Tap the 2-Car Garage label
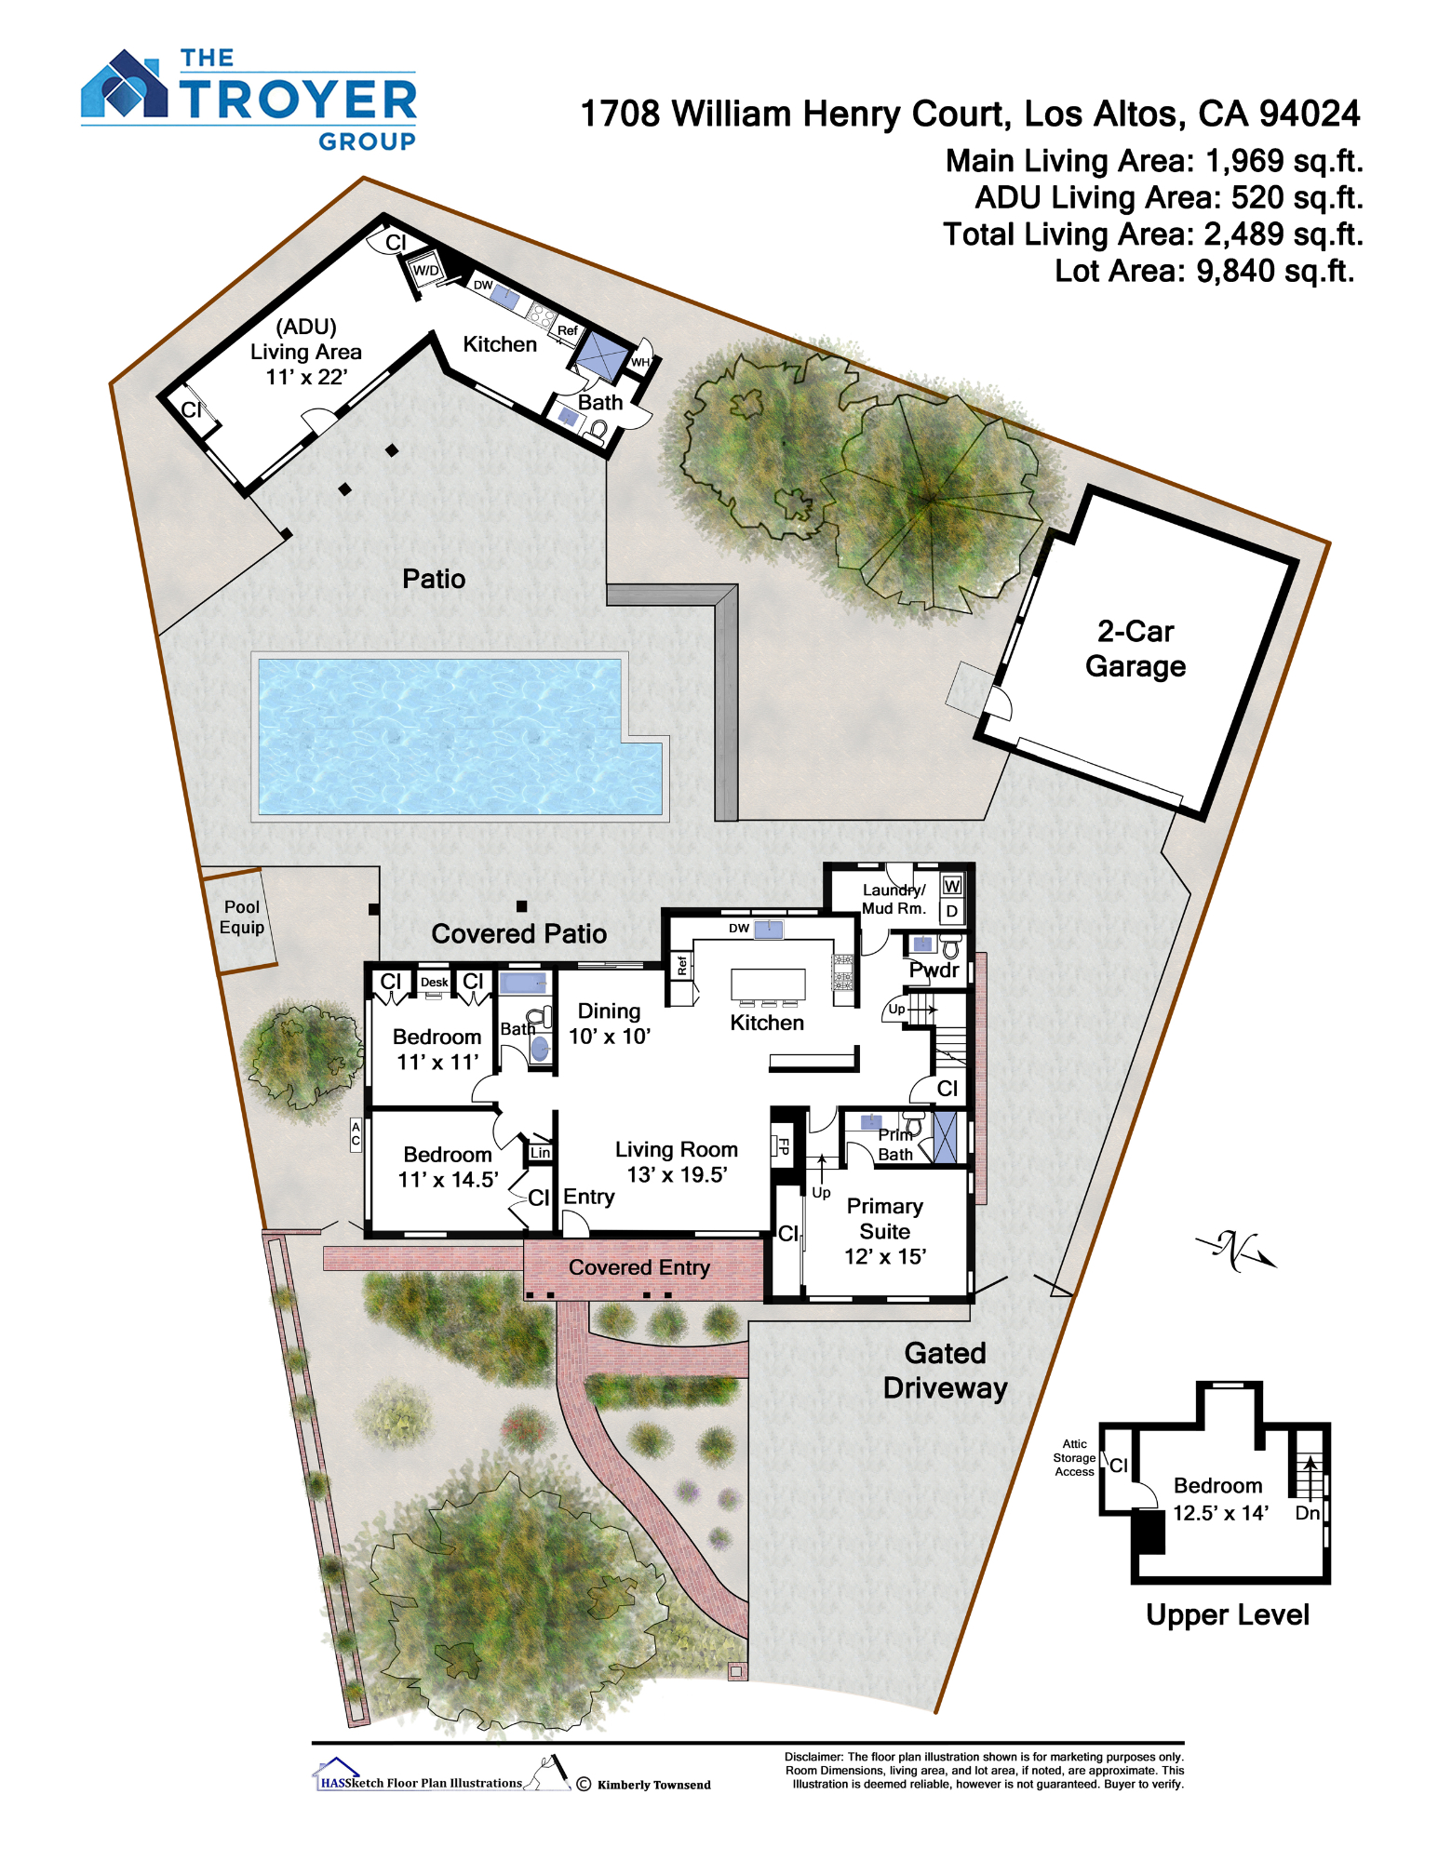tap(1135, 649)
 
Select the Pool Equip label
tap(242, 917)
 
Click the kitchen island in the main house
tap(768, 984)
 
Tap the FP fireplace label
tap(783, 1146)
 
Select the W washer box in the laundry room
tap(951, 886)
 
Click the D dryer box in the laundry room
tap(951, 911)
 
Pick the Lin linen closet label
tap(540, 1152)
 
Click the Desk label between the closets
tap(434, 982)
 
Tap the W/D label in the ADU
tap(425, 270)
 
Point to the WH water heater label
tap(640, 362)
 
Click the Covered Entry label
tap(639, 1267)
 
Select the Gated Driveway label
tap(946, 1371)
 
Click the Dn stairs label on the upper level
tap(1308, 1513)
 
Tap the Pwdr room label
tap(934, 970)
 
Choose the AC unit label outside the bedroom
tap(356, 1134)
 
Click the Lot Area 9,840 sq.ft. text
tap(1204, 271)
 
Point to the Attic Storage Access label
tap(1074, 1458)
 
